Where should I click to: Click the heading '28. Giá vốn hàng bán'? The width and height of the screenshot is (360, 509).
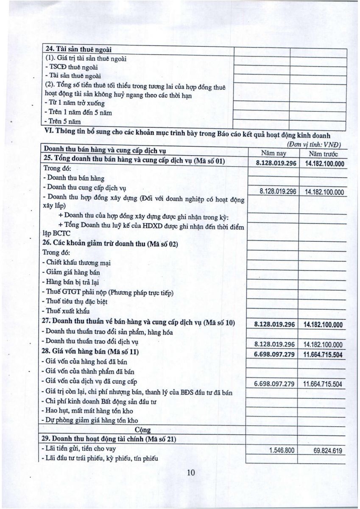click(x=92, y=352)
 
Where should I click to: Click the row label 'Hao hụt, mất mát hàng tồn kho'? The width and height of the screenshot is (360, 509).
click(x=89, y=411)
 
